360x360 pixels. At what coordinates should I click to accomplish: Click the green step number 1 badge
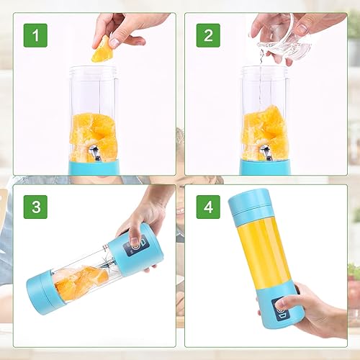point(35,35)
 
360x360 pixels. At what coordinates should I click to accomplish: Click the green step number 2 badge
point(208,35)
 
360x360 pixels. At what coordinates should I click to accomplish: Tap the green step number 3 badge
point(35,207)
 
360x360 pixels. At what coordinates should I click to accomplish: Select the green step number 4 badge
point(208,207)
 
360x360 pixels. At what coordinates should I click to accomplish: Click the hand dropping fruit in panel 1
point(126,27)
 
